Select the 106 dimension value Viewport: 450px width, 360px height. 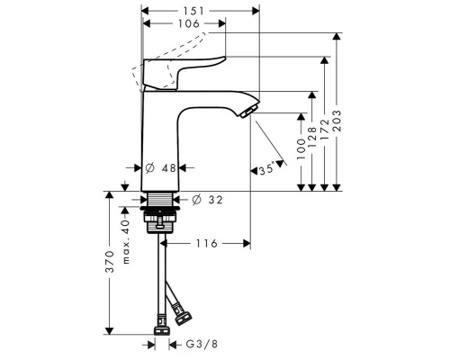(x=184, y=24)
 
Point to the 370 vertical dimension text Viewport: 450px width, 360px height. (x=108, y=262)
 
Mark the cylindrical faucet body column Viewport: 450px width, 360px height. (x=158, y=135)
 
